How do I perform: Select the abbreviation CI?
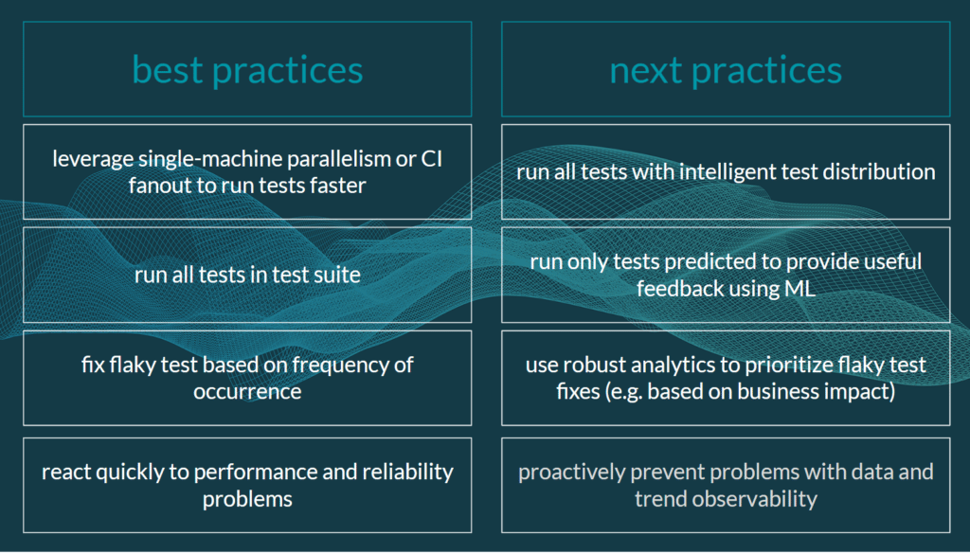coord(431,159)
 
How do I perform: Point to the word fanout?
coord(160,186)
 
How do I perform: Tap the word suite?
coord(336,276)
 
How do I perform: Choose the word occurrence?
coord(247,391)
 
